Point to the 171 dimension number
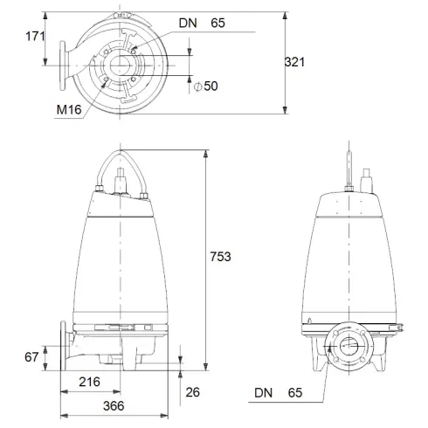click(x=35, y=36)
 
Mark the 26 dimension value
click(x=194, y=392)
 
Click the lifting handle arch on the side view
click(x=121, y=158)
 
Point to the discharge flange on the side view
click(x=63, y=347)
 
